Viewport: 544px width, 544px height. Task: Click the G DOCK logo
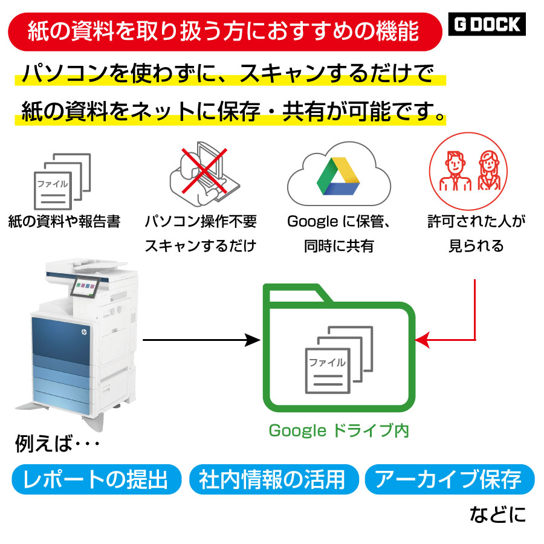(488, 25)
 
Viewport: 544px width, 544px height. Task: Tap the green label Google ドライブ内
(339, 430)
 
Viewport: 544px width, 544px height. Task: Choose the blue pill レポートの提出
(97, 480)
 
